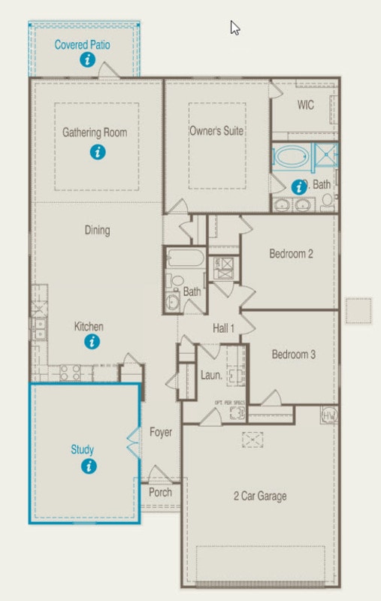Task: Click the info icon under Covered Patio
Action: pos(88,59)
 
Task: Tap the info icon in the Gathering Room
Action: pos(96,152)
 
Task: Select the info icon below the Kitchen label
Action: pos(92,343)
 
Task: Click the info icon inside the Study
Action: pos(89,467)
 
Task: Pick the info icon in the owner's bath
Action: pos(299,186)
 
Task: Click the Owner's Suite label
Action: pos(216,131)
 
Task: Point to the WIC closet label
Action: pos(305,105)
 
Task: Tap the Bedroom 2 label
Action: pos(292,254)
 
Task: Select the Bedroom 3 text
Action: pos(293,355)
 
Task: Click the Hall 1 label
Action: pos(224,328)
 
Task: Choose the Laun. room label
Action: pos(210,374)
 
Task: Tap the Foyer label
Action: pos(160,432)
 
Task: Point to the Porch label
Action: pos(159,493)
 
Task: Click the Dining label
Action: pos(97,231)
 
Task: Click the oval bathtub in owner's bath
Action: pos(289,159)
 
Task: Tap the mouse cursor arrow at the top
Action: pos(234,28)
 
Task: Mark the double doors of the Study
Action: pos(134,443)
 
